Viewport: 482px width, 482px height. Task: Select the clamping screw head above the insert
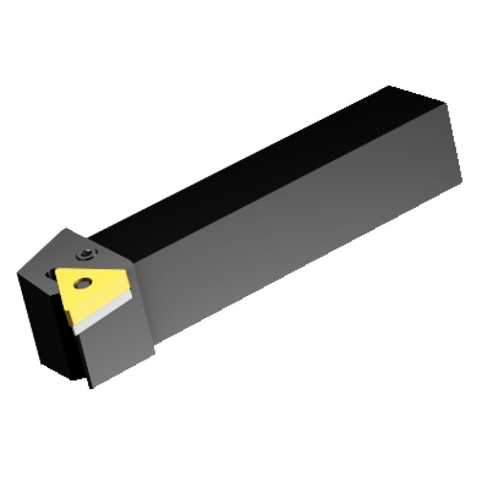(86, 256)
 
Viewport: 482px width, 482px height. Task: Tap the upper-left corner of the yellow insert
(55, 268)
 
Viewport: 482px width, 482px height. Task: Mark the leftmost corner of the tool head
(18, 271)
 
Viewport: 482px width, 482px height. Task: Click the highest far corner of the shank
(390, 85)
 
